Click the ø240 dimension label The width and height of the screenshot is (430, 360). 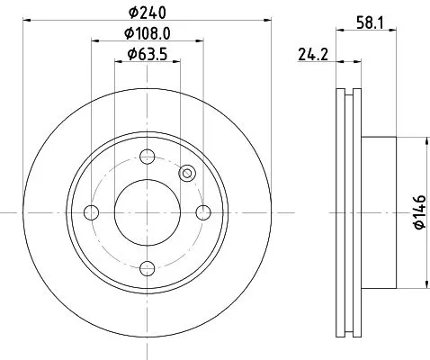pos(148,12)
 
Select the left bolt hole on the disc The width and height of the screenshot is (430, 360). pos(91,212)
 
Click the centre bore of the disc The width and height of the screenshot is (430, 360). pos(146,212)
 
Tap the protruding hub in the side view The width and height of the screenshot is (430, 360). pos(378,212)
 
